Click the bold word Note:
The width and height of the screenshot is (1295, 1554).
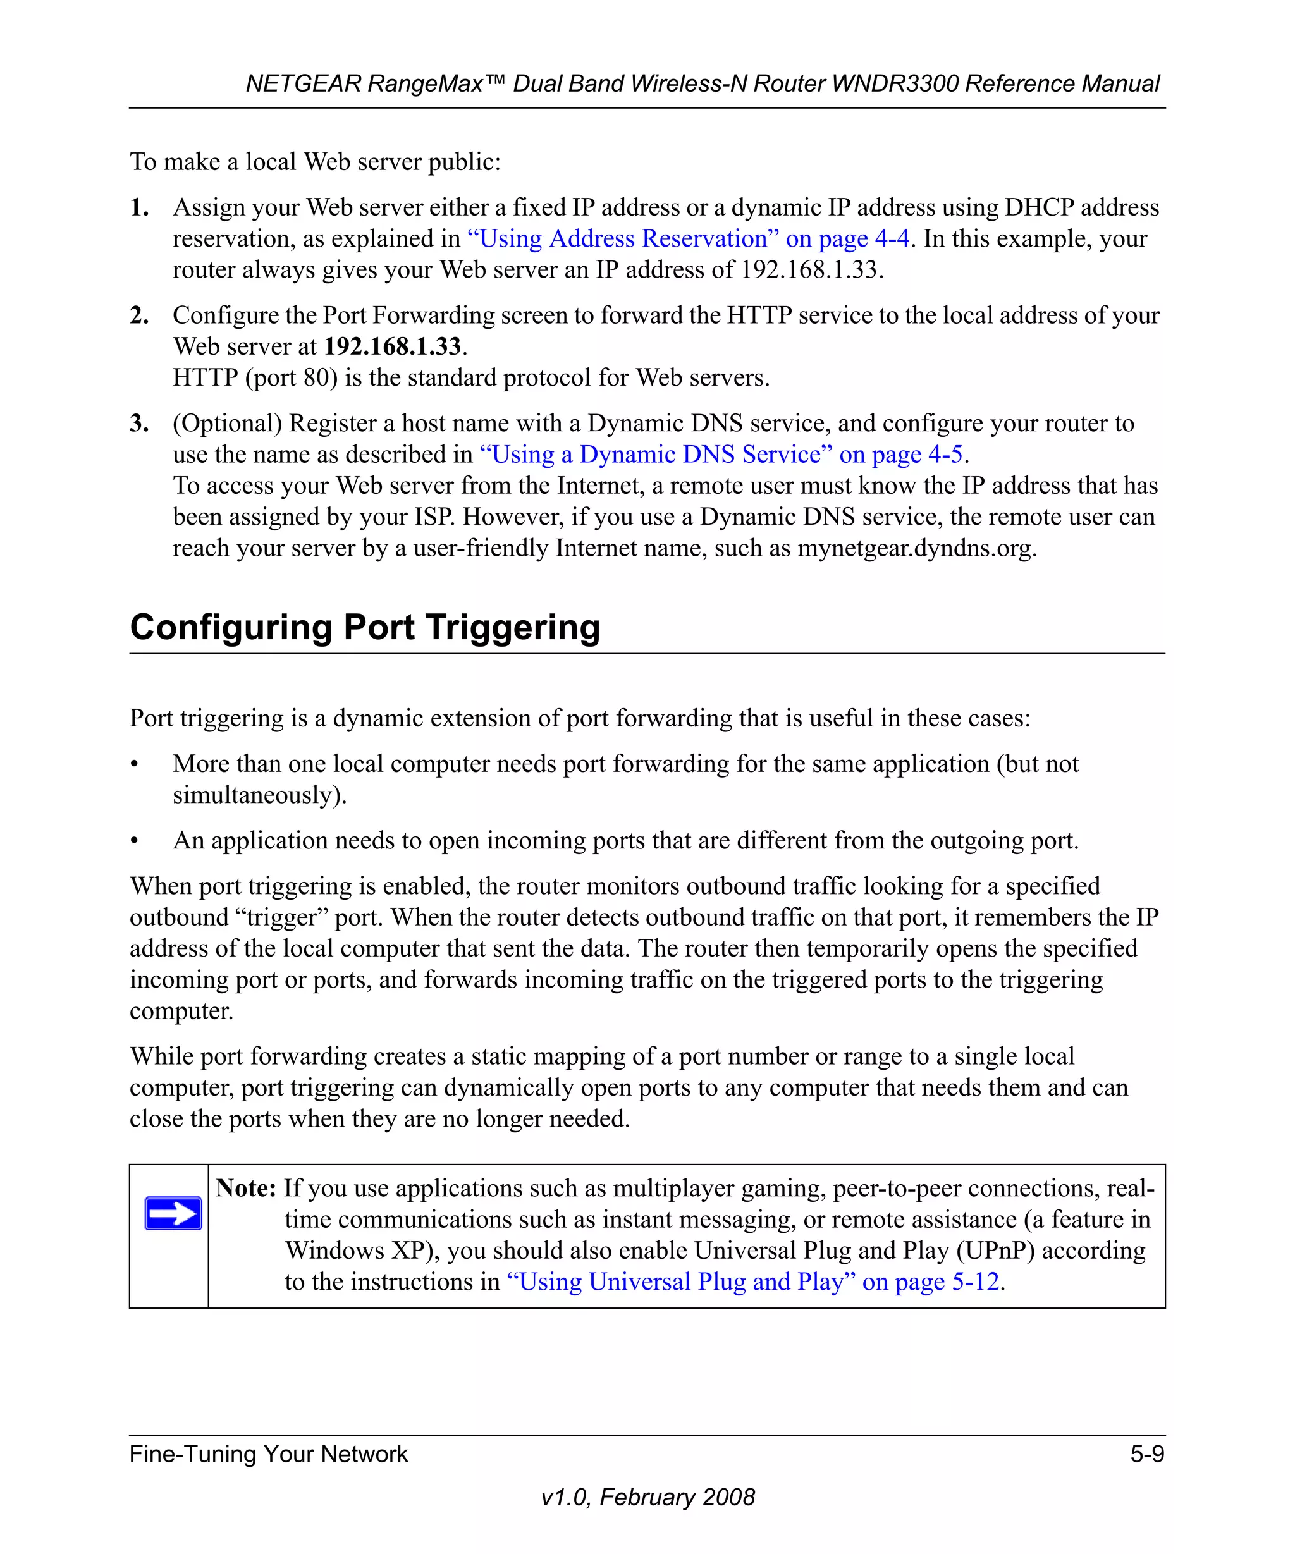click(x=246, y=1189)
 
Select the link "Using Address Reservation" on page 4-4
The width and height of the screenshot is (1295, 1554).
click(x=687, y=239)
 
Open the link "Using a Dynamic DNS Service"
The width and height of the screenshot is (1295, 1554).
click(x=721, y=455)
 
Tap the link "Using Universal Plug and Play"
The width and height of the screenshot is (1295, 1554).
click(x=752, y=1282)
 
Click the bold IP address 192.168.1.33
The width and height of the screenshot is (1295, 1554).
click(x=392, y=346)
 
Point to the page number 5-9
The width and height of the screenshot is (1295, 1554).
click(x=1146, y=1454)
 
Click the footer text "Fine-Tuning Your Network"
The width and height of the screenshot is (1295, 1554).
click(x=269, y=1454)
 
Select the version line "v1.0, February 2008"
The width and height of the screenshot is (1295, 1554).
click(x=647, y=1497)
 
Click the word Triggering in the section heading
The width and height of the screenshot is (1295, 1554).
click(x=512, y=628)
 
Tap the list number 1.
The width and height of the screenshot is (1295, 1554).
click(x=139, y=208)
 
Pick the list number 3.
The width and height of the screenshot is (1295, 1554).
click(x=139, y=424)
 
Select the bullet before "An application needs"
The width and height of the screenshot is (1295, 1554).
click(x=135, y=841)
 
